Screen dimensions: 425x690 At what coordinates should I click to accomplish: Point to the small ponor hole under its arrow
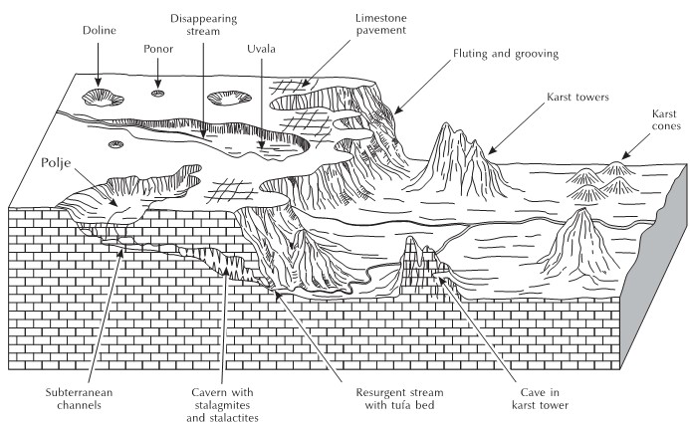157,94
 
